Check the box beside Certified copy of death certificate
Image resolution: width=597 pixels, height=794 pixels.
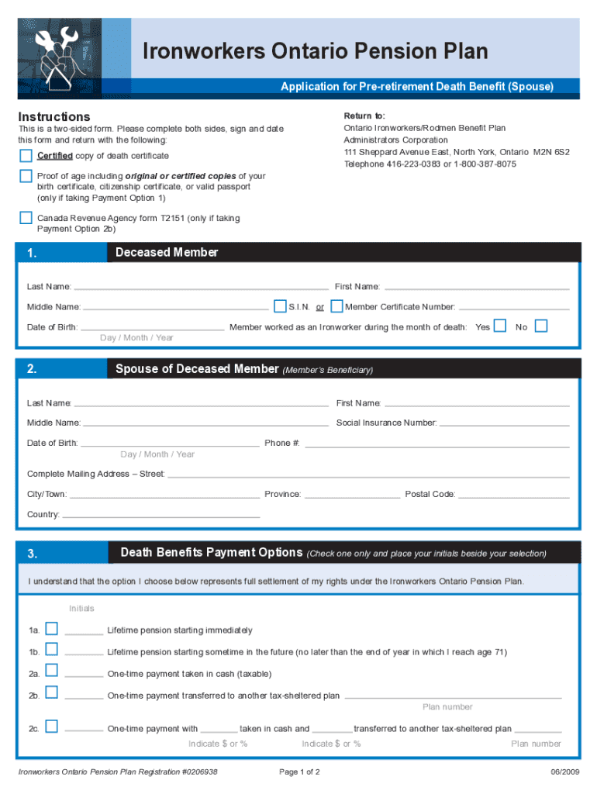point(26,156)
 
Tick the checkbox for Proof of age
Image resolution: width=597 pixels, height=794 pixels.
point(26,176)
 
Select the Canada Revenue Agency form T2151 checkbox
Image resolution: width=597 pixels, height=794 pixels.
point(26,218)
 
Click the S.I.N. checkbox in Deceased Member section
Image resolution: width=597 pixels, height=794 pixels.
point(280,306)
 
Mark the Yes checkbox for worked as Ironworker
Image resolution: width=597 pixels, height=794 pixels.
point(501,326)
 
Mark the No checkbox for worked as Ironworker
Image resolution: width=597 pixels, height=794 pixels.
point(540,326)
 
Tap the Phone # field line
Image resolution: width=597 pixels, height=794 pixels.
point(437,447)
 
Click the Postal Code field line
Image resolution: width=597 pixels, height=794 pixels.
point(514,497)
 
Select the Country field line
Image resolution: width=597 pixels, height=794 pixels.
point(160,517)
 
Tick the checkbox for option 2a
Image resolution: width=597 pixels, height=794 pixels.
point(51,671)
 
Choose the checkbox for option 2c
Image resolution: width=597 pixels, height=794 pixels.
point(51,726)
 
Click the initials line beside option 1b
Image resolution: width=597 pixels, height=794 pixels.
point(84,654)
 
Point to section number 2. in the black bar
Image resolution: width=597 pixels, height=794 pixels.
point(32,369)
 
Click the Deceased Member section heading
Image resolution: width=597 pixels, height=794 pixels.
point(167,253)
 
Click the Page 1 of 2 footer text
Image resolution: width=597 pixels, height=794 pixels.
point(298,772)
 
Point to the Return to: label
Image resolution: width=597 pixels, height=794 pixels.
point(364,116)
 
